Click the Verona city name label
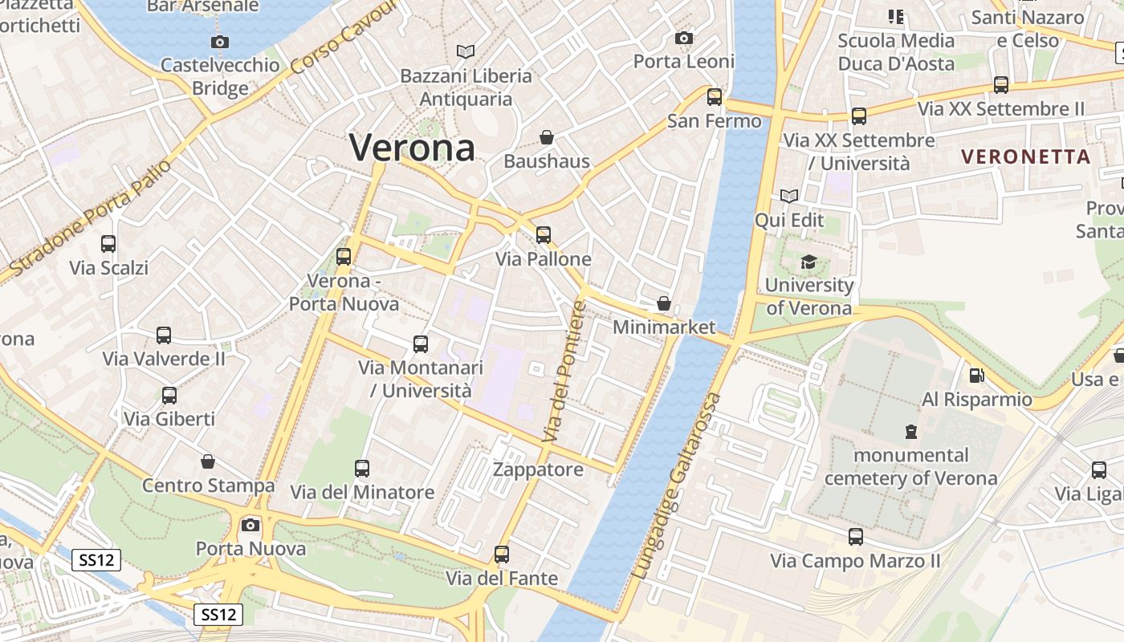[412, 147]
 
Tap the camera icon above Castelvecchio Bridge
[219, 42]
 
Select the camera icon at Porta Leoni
[684, 38]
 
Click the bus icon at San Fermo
[715, 97]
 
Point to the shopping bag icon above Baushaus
[547, 137]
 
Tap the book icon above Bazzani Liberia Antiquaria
[466, 51]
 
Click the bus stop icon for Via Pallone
[544, 234]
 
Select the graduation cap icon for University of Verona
[808, 262]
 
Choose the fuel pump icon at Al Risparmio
[977, 375]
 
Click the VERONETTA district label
[1026, 156]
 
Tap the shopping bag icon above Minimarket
[664, 303]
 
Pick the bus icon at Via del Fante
[502, 554]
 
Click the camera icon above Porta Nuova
[250, 525]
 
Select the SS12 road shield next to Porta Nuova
[97, 559]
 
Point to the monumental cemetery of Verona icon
[911, 432]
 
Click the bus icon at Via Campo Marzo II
[856, 537]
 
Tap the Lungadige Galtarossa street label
[678, 486]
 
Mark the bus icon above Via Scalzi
[108, 243]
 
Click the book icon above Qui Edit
[789, 196]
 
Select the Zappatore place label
[538, 469]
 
